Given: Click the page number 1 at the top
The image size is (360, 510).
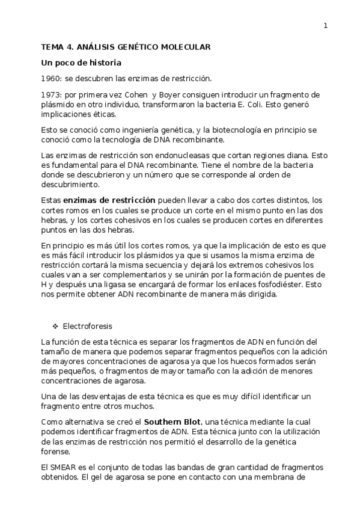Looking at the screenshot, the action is pyautogui.click(x=325, y=26).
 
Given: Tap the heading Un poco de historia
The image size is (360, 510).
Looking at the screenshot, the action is pyautogui.click(x=81, y=63).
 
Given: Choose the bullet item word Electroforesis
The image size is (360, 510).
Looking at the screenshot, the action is pyautogui.click(x=87, y=327).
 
